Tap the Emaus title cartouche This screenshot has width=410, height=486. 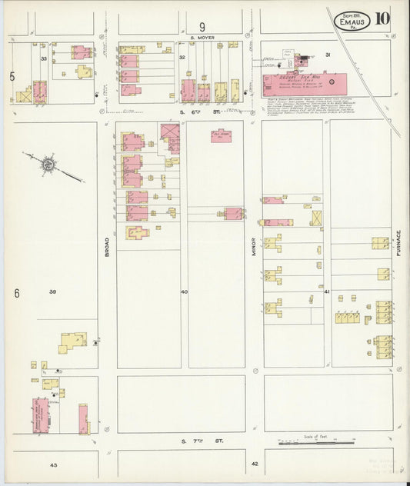pos(353,21)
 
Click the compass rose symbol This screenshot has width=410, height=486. pos(48,164)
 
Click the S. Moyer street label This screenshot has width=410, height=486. pos(204,37)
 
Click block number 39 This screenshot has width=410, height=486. pos(53,291)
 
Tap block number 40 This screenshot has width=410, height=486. pos(184,291)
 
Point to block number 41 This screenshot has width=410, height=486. pos(327,291)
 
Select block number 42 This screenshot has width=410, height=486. pos(255,464)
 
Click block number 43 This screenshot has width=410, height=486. pos(53,464)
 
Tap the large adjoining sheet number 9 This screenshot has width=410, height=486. pos(203,26)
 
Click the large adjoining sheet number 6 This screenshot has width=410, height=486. pos(15,293)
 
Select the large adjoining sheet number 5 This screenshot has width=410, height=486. pos(12,76)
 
